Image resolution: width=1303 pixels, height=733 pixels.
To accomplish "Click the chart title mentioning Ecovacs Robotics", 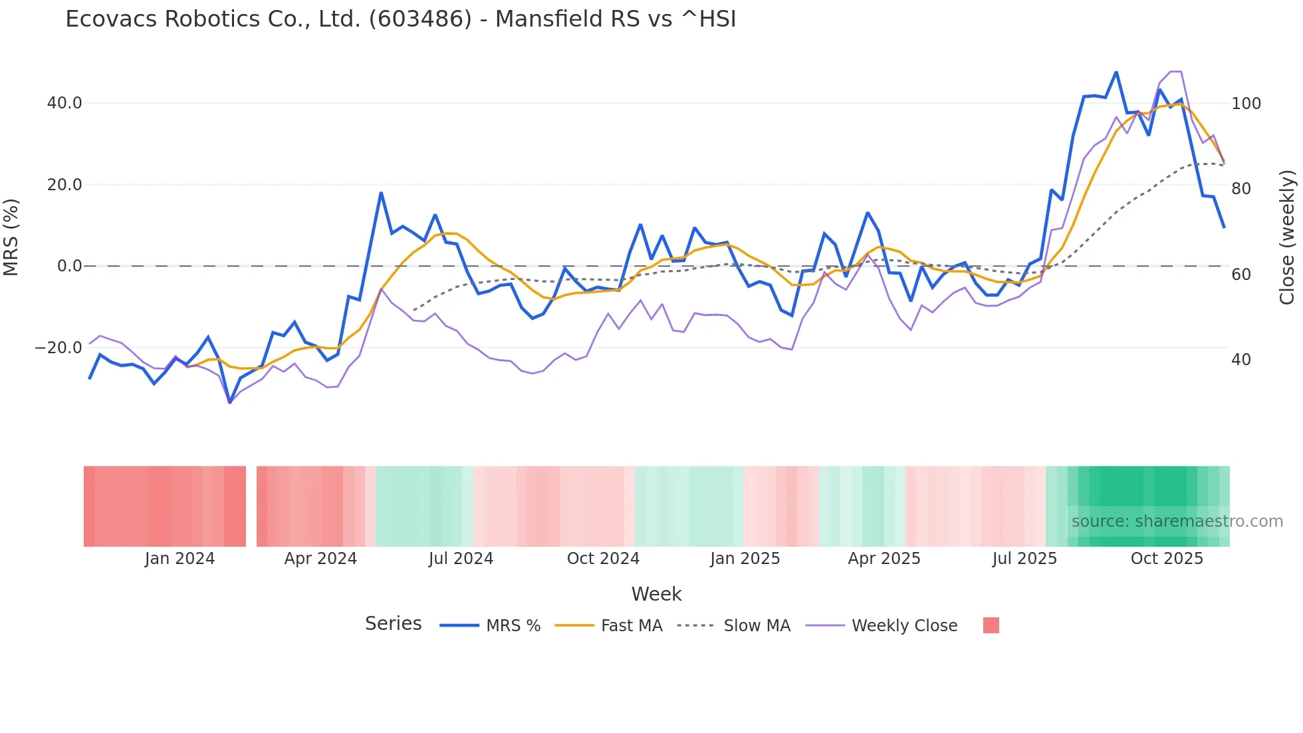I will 400,19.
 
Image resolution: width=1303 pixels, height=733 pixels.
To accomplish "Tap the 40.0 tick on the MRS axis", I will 64,103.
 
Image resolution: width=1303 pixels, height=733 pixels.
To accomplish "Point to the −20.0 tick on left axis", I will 59,348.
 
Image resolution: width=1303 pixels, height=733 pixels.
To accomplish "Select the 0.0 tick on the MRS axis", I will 69,266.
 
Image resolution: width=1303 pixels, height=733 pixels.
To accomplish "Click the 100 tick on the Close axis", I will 1246,104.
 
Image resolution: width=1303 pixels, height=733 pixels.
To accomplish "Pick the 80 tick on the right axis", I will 1241,189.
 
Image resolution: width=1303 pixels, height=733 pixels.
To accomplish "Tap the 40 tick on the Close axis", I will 1241,360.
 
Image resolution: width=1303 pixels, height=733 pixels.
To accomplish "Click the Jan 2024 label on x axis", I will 179,559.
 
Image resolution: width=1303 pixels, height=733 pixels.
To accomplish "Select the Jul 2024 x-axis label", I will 461,559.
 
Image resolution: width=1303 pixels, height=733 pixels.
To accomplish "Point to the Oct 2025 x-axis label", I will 1167,559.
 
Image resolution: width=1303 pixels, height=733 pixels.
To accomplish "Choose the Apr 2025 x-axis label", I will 884,559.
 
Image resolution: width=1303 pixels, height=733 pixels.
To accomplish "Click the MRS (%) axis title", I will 11,237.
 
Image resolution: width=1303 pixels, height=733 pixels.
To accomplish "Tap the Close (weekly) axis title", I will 1287,237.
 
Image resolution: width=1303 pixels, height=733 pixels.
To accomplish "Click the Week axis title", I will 656,594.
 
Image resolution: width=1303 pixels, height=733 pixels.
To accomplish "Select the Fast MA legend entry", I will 631,626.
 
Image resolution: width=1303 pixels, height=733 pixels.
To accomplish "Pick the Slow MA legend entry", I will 757,626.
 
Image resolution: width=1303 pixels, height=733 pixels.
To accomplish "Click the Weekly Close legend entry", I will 904,626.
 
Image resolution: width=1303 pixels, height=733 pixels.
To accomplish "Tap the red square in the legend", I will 991,625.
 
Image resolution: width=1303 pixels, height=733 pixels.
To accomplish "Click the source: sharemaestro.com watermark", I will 1177,521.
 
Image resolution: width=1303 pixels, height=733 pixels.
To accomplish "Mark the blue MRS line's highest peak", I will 1116,72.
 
